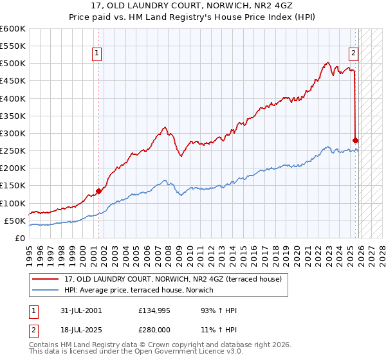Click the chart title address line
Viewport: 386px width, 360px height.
pos(192,6)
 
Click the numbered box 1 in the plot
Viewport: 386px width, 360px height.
pos(96,54)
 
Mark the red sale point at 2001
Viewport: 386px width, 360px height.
pos(98,190)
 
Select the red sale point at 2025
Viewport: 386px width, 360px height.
pos(356,139)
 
